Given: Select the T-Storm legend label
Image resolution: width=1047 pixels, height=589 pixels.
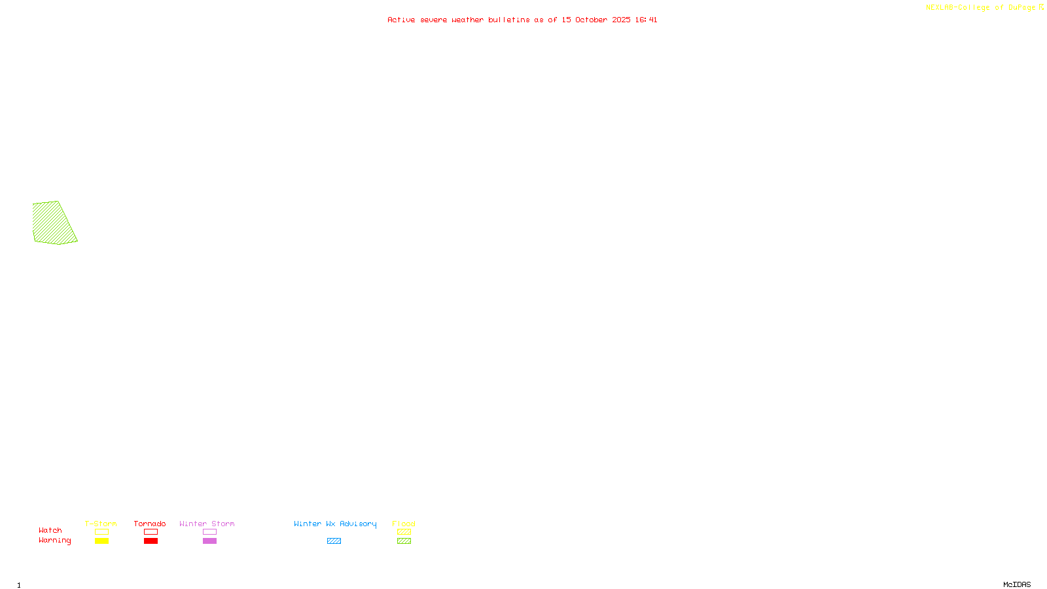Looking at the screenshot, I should pyautogui.click(x=101, y=524).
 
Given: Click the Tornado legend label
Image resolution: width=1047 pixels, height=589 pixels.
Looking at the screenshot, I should pyautogui.click(x=150, y=524).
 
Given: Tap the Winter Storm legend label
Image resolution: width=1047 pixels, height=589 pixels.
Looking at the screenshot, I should pyautogui.click(x=207, y=524).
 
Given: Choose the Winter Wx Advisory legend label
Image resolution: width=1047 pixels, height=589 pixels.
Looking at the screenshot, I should pyautogui.click(x=335, y=524).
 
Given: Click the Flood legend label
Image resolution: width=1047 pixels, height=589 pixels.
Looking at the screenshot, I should pyautogui.click(x=404, y=524).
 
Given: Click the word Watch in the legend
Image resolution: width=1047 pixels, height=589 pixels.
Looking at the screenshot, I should pyautogui.click(x=50, y=530).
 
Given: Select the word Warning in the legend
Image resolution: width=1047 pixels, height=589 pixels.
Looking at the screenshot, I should pyautogui.click(x=55, y=541).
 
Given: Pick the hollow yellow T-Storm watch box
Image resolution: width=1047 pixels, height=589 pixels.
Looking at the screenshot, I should pyautogui.click(x=101, y=532).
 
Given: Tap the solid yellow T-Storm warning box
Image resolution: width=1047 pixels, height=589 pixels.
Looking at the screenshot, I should pyautogui.click(x=101, y=541).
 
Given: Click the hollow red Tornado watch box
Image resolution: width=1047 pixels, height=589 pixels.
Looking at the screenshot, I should pyautogui.click(x=151, y=532).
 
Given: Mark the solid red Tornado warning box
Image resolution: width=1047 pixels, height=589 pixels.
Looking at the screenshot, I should pyautogui.click(x=151, y=541).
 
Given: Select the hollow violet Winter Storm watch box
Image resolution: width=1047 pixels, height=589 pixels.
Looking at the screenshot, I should pyautogui.click(x=209, y=532).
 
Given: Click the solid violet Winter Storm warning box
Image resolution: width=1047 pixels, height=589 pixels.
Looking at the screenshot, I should pyautogui.click(x=209, y=541).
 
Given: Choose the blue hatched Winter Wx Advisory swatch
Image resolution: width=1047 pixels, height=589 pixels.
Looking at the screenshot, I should pyautogui.click(x=334, y=541).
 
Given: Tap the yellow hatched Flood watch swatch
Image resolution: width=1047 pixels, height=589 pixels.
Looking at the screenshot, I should pyautogui.click(x=404, y=532).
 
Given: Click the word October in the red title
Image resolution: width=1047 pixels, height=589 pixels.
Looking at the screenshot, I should pyautogui.click(x=591, y=20).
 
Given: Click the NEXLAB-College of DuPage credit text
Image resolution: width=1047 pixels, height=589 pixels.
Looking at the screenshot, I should pyautogui.click(x=981, y=8).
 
